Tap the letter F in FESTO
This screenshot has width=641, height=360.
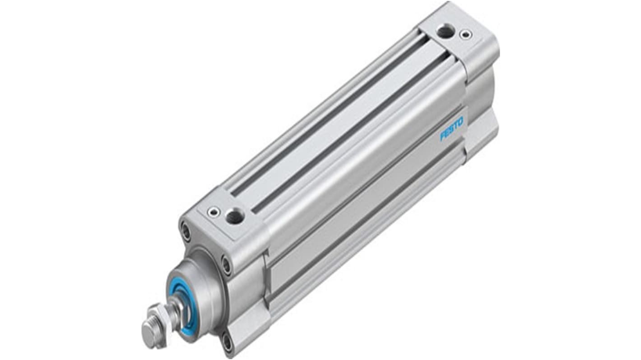coord(442,136)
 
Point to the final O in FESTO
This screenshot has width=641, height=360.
coord(460,120)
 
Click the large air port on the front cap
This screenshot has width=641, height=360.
coord(235,217)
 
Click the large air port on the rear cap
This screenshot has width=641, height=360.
coord(446,31)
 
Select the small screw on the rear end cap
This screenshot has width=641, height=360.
coord(465,34)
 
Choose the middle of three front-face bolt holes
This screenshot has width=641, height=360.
coord(226,264)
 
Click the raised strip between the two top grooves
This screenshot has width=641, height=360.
coord(339,125)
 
